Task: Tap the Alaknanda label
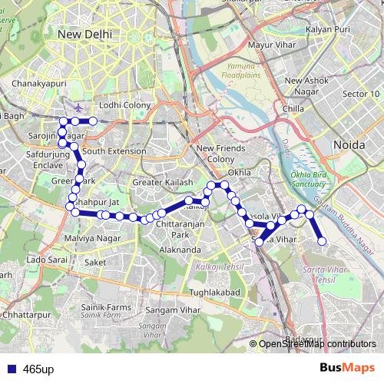(x=180, y=250)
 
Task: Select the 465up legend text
(x=38, y=369)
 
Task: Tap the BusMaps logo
(x=346, y=368)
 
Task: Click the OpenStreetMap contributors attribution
(x=316, y=344)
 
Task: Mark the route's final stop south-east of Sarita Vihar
(x=323, y=242)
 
